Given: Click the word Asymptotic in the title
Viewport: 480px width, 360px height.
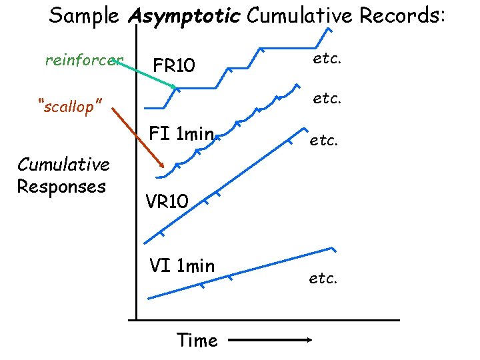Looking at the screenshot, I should click(x=183, y=15).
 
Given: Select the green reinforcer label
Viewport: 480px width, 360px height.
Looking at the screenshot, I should click(x=84, y=61).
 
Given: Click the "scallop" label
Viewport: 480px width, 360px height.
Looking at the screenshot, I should click(x=70, y=106).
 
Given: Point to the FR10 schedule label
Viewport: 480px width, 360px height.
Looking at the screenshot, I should click(x=174, y=65).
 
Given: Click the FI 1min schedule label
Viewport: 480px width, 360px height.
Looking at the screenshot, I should click(x=181, y=134).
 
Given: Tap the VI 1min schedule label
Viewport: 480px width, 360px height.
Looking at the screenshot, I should click(x=182, y=267).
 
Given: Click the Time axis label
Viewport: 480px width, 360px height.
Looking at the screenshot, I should click(x=197, y=341).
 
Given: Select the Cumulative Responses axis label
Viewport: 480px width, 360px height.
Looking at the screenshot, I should click(x=63, y=175).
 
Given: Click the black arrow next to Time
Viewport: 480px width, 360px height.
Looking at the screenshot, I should click(x=269, y=341).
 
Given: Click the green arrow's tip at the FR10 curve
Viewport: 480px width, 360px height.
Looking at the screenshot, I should click(x=175, y=88).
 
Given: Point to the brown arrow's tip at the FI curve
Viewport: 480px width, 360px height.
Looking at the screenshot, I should click(x=164, y=167).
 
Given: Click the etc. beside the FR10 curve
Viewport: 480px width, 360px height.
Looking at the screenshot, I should click(x=327, y=58).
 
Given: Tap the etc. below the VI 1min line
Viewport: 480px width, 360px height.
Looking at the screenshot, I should click(x=323, y=278).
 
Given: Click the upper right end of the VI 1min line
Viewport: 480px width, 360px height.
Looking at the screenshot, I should click(x=331, y=249).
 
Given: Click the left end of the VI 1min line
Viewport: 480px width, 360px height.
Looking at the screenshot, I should click(x=149, y=298).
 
